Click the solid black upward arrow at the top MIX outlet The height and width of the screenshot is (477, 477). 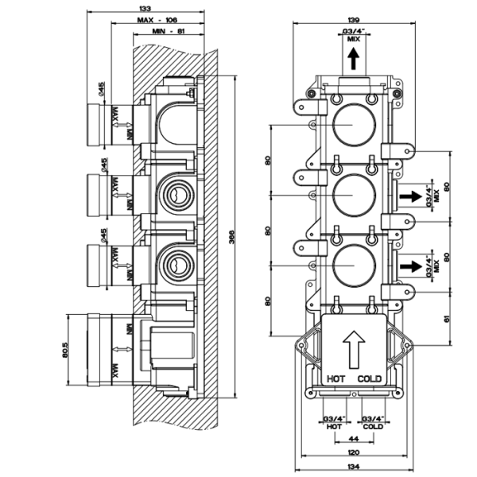tap(350, 58)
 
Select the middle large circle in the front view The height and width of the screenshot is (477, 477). tap(349, 194)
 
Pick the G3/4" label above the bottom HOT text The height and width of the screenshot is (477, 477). tap(334, 419)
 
